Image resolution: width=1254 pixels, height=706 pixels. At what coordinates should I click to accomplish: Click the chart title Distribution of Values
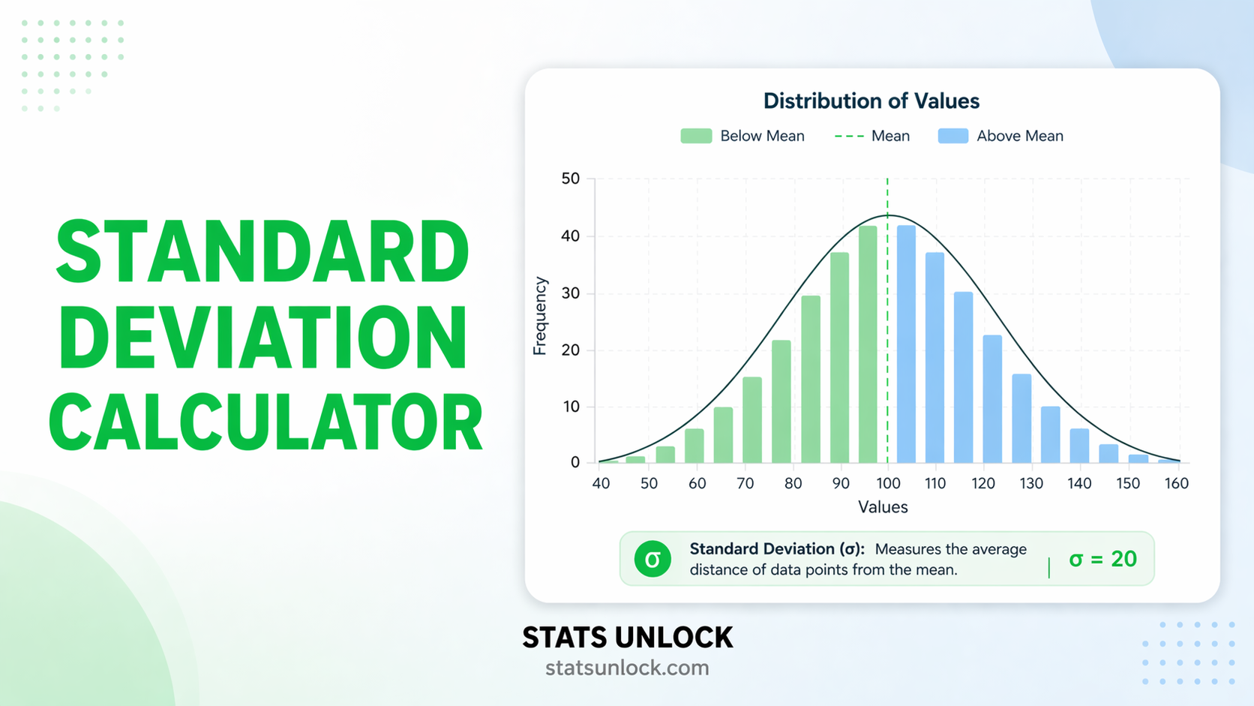871,101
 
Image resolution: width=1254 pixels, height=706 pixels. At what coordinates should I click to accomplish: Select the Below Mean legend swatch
695,136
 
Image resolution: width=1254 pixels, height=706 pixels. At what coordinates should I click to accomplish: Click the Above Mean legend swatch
952,136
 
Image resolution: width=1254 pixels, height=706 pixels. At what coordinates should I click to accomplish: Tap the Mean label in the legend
890,136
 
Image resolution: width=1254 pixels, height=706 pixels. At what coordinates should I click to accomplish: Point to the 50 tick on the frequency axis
570,179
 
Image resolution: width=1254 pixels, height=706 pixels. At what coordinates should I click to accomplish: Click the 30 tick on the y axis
570,293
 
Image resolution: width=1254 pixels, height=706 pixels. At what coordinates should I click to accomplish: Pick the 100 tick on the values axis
888,483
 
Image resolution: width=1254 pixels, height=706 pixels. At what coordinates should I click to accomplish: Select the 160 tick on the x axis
1176,483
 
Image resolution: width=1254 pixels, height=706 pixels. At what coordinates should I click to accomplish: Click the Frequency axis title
540,316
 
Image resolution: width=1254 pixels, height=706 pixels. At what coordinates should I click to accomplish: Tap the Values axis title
883,507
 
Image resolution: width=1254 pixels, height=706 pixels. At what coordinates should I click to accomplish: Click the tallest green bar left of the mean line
868,345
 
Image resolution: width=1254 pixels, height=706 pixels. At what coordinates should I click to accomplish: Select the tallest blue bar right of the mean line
906,345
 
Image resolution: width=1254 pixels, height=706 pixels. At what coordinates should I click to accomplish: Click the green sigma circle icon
652,559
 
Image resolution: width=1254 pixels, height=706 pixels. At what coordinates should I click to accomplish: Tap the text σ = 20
1102,559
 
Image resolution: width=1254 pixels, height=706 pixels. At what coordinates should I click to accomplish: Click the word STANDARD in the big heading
262,252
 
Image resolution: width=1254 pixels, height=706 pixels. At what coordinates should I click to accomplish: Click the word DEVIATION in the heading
262,337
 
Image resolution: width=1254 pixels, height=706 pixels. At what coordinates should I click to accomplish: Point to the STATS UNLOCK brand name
627,638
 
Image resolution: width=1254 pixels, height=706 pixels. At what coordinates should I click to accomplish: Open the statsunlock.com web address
627,668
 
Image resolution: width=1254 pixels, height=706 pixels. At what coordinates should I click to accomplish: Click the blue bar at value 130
1021,419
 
